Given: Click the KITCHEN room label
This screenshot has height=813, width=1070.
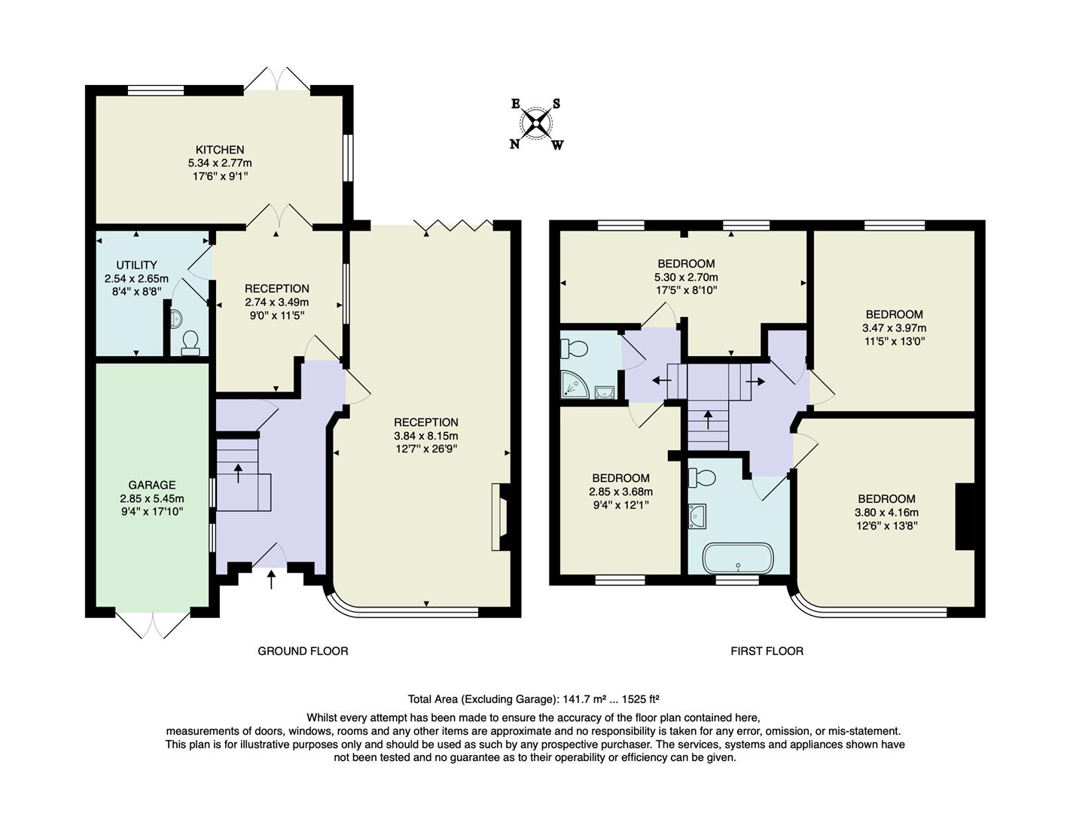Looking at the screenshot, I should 219,150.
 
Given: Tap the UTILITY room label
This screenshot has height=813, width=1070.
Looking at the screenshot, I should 136,265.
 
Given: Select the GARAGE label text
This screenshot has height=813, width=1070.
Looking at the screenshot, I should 151,485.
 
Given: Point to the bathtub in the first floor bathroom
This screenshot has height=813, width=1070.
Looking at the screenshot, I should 737,558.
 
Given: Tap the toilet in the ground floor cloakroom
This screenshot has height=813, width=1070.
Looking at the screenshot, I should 190,343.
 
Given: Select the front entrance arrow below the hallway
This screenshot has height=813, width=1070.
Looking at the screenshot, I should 272,579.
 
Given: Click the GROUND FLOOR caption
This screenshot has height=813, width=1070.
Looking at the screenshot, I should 303,651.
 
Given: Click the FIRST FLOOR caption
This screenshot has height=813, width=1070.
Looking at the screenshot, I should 767,651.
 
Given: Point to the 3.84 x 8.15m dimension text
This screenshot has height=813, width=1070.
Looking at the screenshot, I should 425,436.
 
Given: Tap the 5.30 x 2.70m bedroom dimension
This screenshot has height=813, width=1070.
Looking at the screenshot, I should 686,277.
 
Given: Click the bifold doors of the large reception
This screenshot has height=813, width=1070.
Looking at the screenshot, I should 454,224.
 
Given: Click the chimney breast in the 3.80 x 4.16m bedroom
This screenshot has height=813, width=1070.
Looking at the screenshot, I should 965,516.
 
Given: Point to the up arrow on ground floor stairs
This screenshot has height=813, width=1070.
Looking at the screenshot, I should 239,473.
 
